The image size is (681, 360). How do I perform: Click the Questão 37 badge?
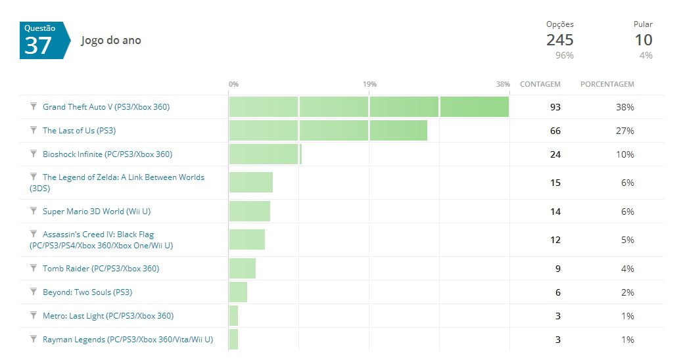(43, 40)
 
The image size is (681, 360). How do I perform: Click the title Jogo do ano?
(110, 41)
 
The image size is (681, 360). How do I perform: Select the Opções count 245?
(559, 40)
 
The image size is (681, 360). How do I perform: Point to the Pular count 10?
(643, 40)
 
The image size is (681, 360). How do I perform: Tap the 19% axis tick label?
(369, 84)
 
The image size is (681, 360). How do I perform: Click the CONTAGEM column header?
(540, 84)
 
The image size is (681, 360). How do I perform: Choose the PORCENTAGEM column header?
(607, 84)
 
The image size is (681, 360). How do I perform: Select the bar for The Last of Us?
(328, 130)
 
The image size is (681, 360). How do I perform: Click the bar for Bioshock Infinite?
(265, 154)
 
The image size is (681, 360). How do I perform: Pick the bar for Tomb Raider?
(242, 268)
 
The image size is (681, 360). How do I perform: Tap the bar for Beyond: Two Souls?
(238, 292)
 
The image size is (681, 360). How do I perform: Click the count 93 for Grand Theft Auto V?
(555, 107)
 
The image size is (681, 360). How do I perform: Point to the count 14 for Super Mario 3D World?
(555, 212)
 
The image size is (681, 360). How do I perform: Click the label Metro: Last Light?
(108, 316)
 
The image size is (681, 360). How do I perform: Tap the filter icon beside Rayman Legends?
(34, 339)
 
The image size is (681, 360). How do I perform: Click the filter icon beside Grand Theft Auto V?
(34, 106)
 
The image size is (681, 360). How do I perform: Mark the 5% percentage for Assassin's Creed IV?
(627, 240)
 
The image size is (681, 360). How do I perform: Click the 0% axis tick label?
(233, 84)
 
